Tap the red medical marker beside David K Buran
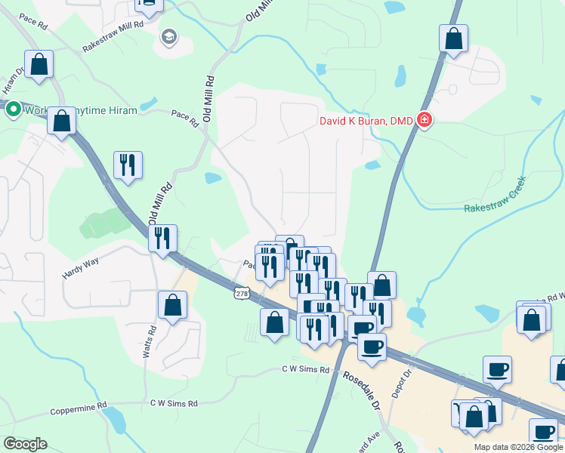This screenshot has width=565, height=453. pyautogui.click(x=425, y=120)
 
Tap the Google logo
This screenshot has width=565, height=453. pyautogui.click(x=25, y=444)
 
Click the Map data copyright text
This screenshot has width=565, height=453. pyautogui.click(x=518, y=447)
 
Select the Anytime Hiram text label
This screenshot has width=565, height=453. pyautogui.click(x=105, y=110)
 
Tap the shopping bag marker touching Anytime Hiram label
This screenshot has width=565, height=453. pyautogui.click(x=61, y=122)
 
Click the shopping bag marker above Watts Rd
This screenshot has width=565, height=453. pyautogui.click(x=172, y=307)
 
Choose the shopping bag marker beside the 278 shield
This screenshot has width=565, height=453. pyautogui.click(x=274, y=322)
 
